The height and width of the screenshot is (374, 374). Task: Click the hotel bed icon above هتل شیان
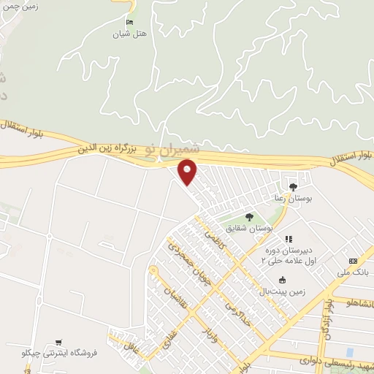click(129, 23)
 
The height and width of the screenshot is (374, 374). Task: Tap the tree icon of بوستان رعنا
click(293, 186)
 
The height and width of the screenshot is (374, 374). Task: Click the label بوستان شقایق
click(250, 229)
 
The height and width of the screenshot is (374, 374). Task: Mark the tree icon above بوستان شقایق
click(248, 217)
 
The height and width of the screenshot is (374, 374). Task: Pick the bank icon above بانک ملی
click(353, 261)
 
